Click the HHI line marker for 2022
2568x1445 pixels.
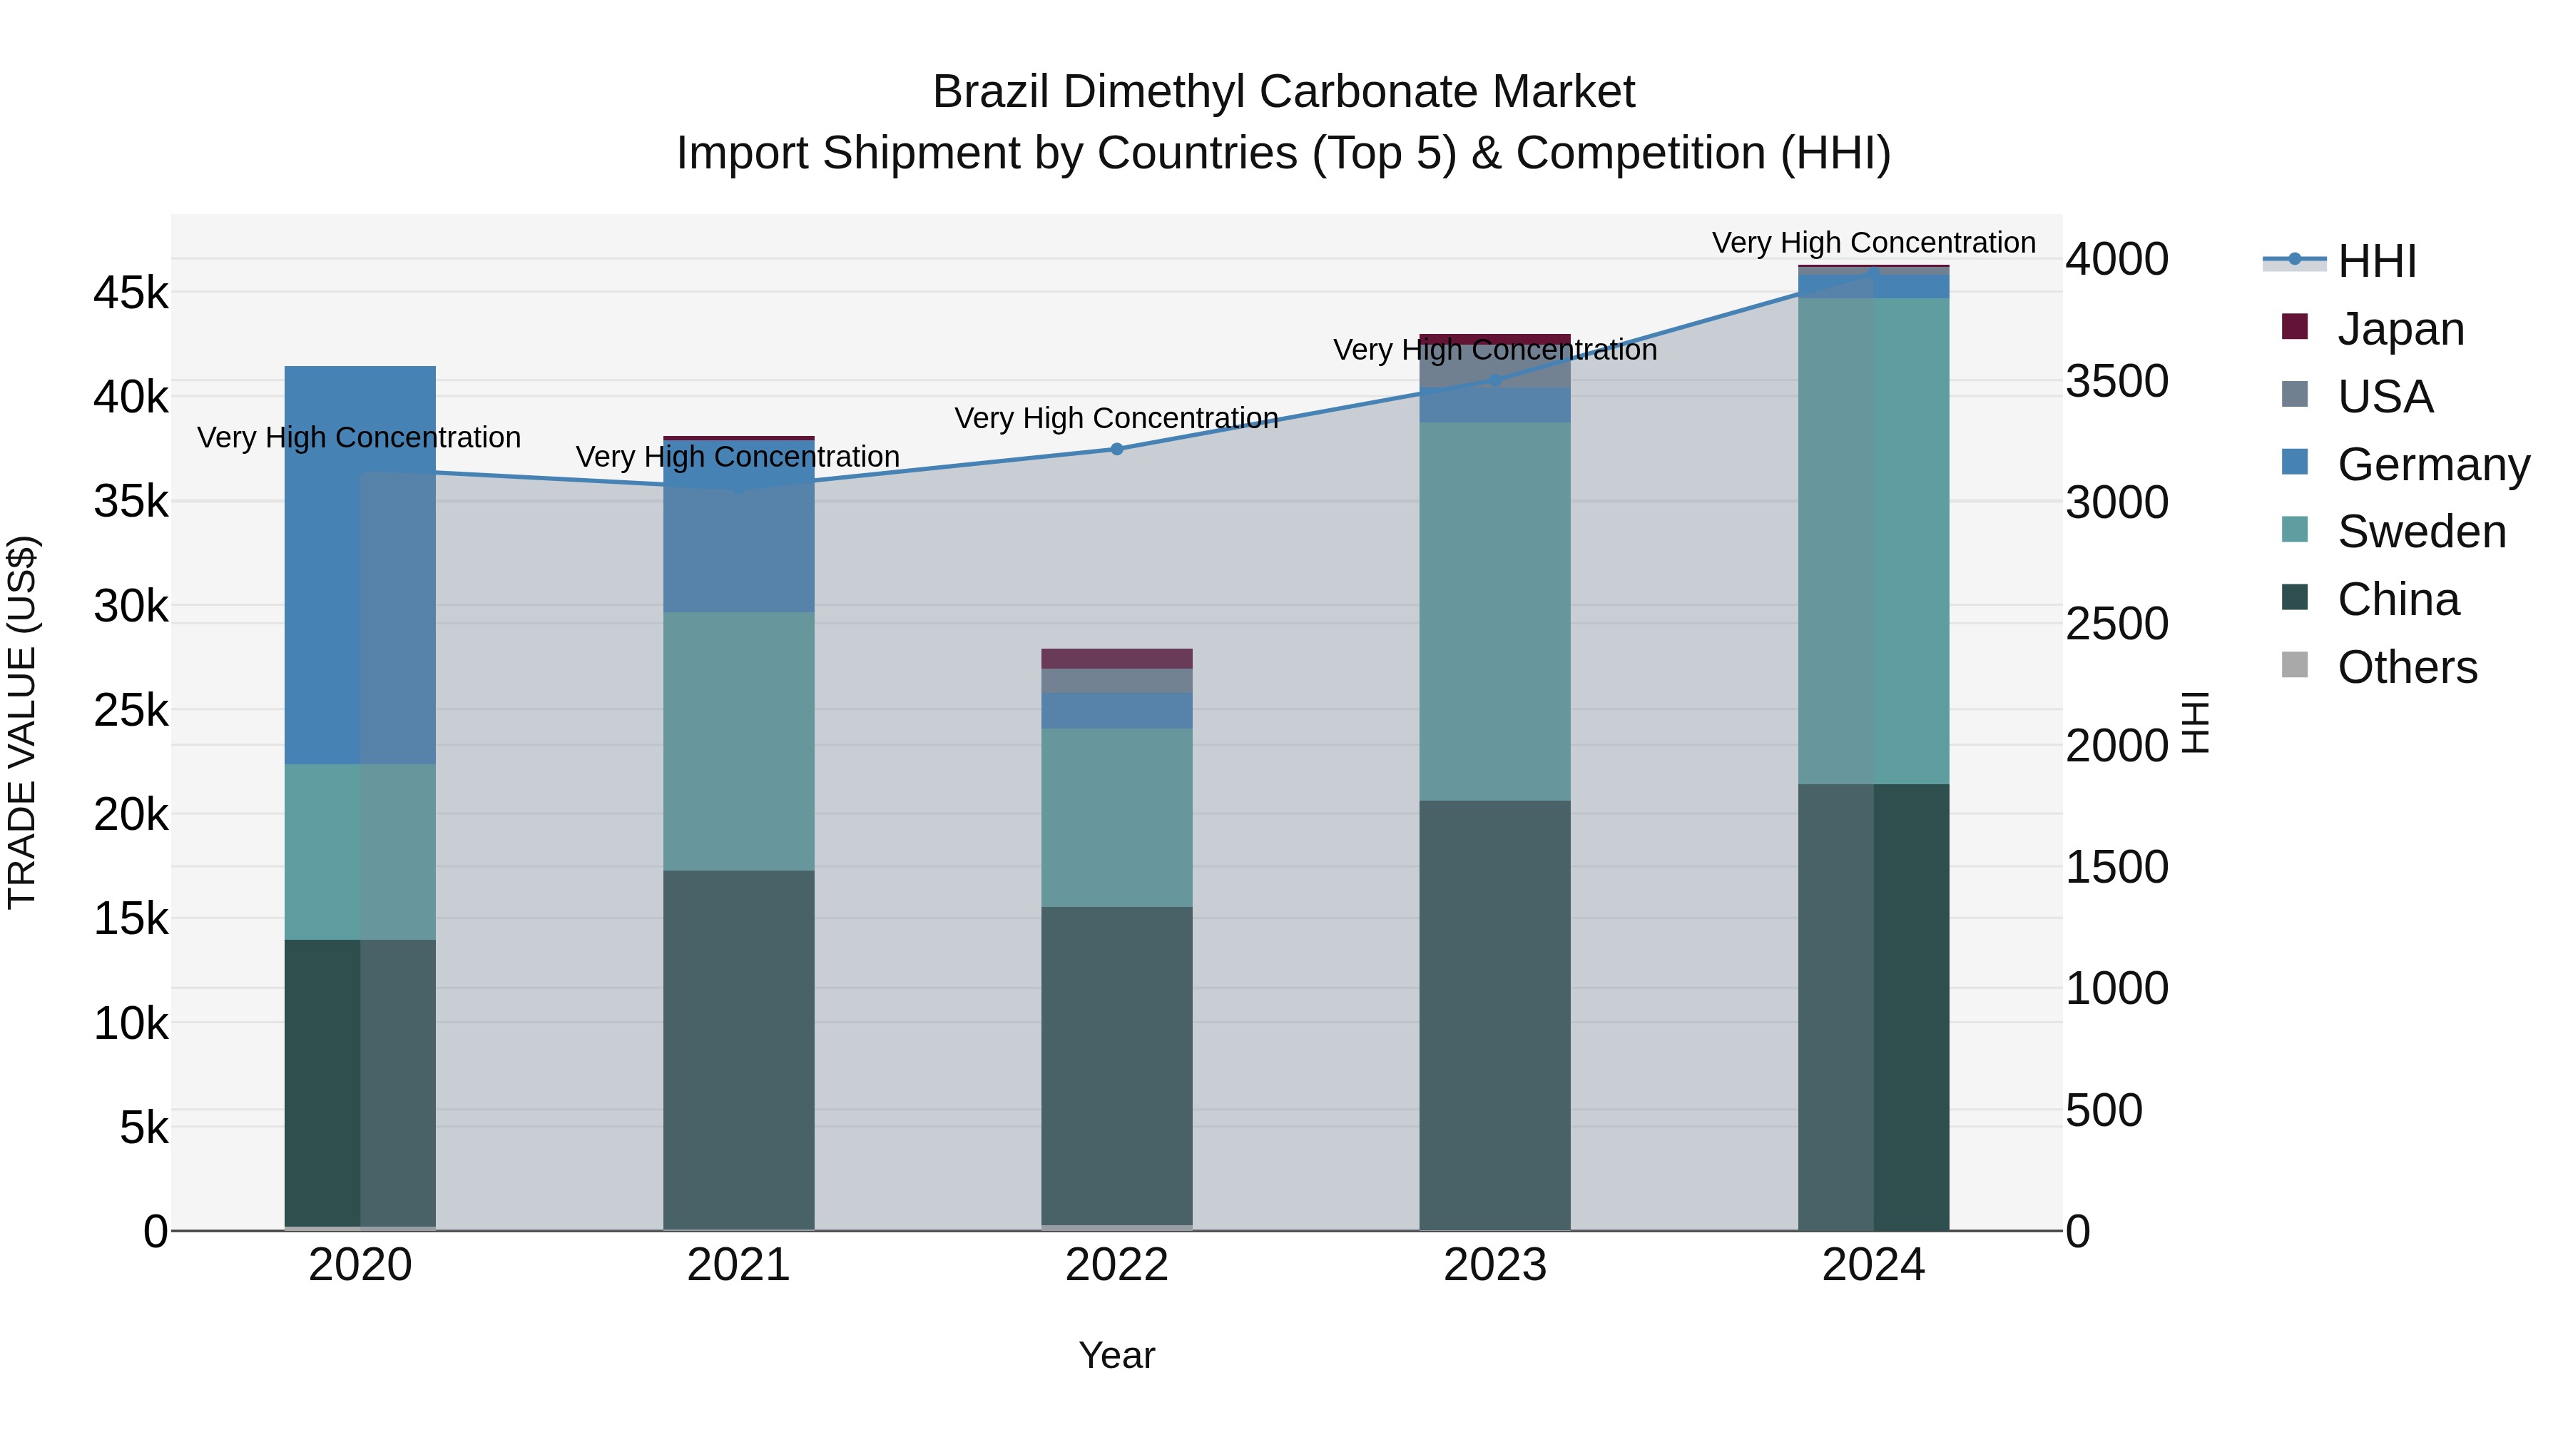click(x=1116, y=449)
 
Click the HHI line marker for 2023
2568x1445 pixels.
click(x=1494, y=380)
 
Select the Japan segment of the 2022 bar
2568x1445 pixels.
click(x=1116, y=658)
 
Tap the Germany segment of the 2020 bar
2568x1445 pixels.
click(x=360, y=564)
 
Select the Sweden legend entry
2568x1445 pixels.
click(x=2420, y=532)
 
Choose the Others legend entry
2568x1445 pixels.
click(x=2407, y=667)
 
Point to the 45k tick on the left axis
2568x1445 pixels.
click(x=131, y=293)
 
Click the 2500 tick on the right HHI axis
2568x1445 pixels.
click(x=2116, y=624)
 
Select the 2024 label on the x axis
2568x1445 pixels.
click(x=1873, y=1265)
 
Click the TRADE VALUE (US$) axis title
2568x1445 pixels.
click(x=22, y=722)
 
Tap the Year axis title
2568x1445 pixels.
click(x=1116, y=1355)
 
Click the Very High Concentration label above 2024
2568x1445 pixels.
click(x=1873, y=243)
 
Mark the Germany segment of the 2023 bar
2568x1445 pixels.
click(x=1494, y=405)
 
